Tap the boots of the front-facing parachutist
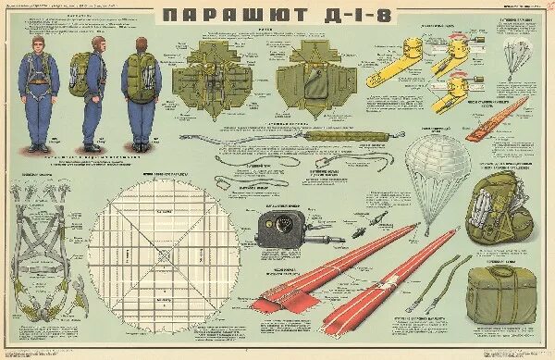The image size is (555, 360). (x=41, y=146)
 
